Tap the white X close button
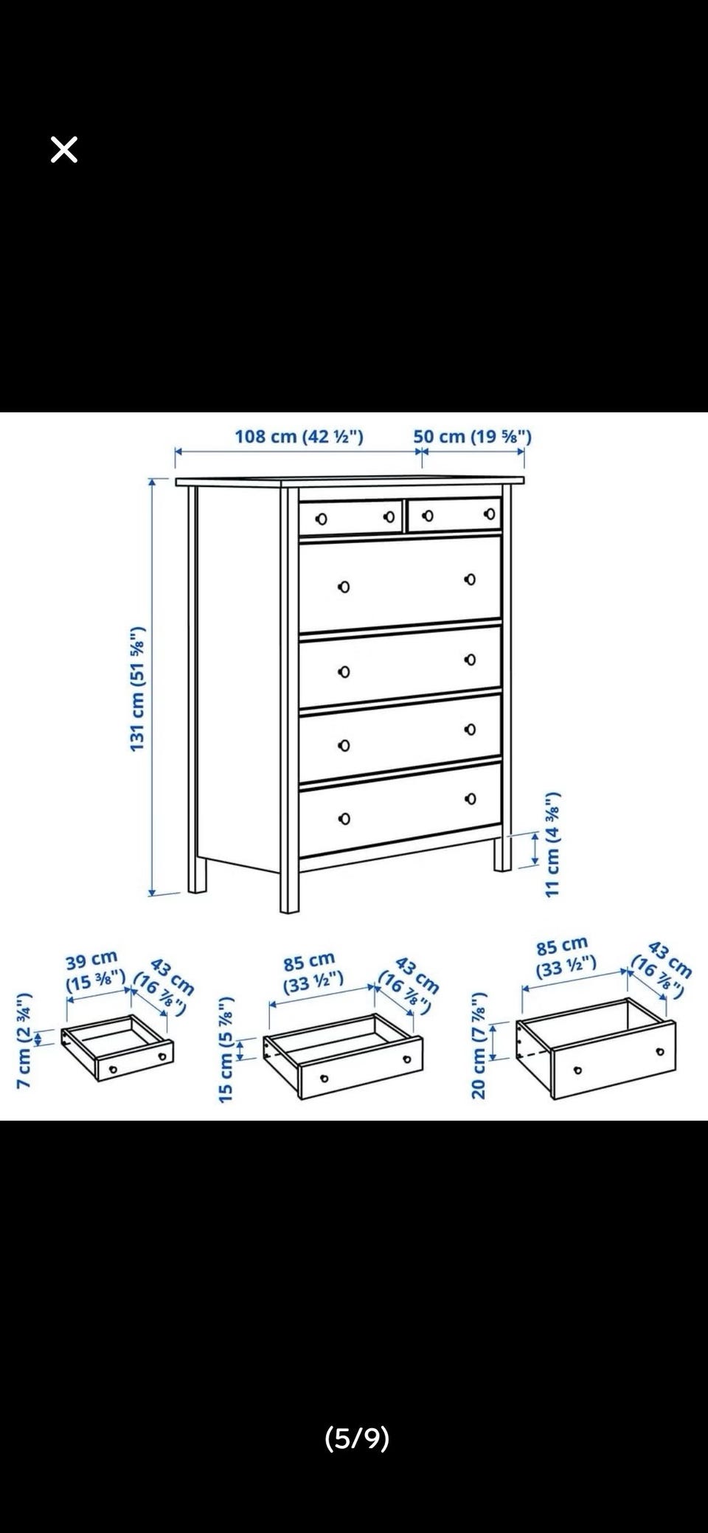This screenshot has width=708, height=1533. (64, 150)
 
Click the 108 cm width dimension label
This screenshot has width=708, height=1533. (299, 436)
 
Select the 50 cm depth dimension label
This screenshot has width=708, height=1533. (472, 436)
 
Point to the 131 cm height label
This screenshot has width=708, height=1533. (138, 689)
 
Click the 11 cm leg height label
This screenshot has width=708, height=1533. (552, 845)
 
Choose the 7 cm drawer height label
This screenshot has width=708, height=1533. (24, 1040)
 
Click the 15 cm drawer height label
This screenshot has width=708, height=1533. (226, 1049)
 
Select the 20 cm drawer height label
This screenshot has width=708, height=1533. (479, 1045)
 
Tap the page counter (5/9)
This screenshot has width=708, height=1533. (357, 1437)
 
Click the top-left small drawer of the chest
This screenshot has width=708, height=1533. (351, 516)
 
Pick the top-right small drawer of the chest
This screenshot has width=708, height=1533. (454, 513)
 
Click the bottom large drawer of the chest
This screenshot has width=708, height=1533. (400, 809)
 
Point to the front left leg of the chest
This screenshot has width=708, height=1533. (289, 885)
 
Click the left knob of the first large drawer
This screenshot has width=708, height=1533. (343, 587)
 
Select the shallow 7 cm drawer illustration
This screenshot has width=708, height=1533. (117, 1048)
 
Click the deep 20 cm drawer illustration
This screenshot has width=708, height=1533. (596, 1048)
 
